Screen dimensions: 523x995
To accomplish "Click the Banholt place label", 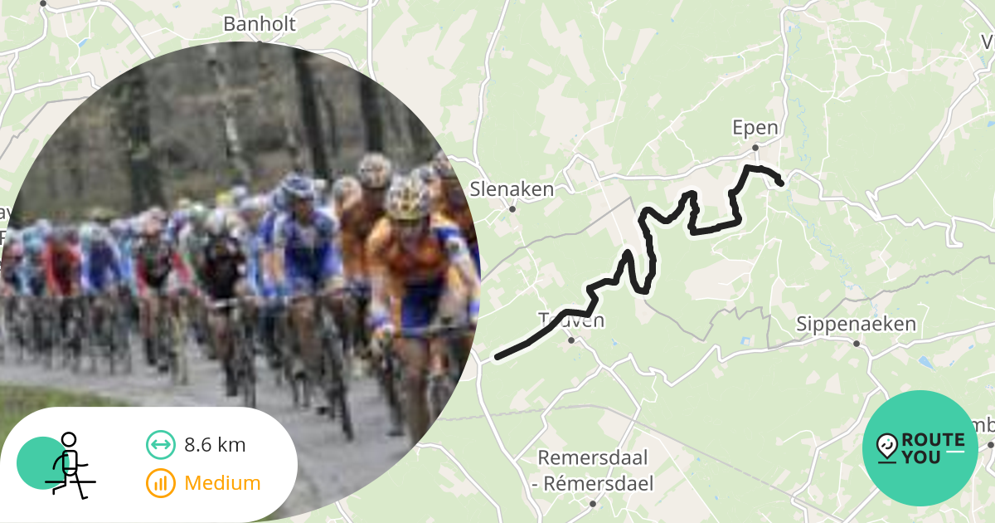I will click(260, 24).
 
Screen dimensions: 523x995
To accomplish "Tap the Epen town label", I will click(755, 128).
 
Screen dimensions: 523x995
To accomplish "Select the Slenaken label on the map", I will click(512, 189).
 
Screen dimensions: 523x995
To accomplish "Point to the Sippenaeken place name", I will click(857, 324).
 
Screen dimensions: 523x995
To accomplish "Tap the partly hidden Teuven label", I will click(572, 320).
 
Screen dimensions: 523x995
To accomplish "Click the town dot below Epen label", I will click(755, 148).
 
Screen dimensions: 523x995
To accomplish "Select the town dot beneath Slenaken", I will click(512, 209).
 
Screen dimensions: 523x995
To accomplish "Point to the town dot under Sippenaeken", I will click(857, 343).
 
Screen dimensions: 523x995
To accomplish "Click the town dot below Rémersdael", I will click(593, 504).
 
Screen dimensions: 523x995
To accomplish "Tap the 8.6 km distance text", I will click(215, 445).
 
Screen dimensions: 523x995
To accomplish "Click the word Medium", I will click(222, 483).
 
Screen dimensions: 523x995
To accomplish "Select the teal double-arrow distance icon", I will click(161, 445).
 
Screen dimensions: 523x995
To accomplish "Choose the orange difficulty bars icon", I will click(161, 483).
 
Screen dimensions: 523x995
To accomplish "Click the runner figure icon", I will click(68, 464).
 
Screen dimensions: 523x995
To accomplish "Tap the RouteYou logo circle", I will click(920, 448).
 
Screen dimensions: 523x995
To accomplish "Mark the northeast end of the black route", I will click(780, 183).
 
